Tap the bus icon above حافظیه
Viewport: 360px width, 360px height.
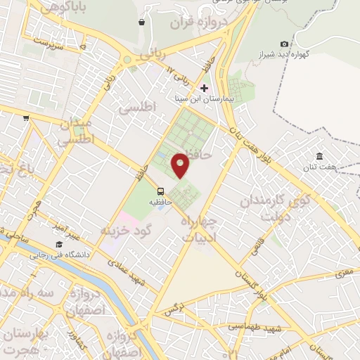(161, 191)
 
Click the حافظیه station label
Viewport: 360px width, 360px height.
(160, 201)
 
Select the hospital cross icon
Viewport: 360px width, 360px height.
(205, 89)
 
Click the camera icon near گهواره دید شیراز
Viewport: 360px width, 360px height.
(284, 44)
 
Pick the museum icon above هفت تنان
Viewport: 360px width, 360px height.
(319, 155)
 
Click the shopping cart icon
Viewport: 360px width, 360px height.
(26, 118)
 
